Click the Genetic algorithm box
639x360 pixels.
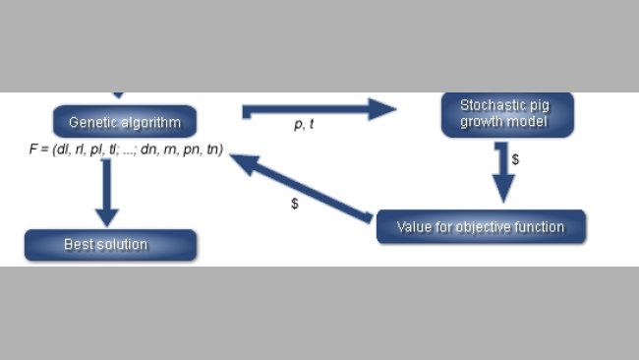pos(126,122)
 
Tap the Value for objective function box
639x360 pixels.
pos(481,227)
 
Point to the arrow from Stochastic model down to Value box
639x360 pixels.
pos(503,173)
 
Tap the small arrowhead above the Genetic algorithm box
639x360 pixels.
pos(118,94)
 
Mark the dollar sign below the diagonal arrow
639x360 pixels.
pos(295,204)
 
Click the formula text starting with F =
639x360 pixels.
pos(126,150)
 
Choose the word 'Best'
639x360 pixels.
pos(79,245)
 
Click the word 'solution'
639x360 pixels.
pos(125,245)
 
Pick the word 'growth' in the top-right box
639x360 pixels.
pos(486,124)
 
